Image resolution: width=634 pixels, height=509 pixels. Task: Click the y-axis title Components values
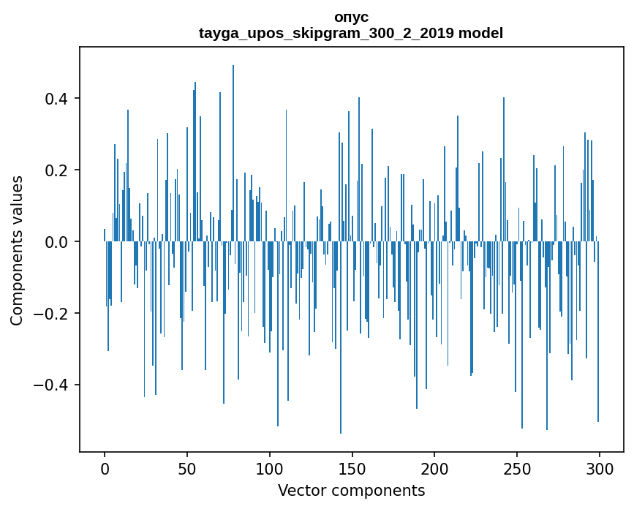17,250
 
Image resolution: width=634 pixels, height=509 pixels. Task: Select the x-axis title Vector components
351,490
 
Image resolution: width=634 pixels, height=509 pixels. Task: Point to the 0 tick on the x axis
105,467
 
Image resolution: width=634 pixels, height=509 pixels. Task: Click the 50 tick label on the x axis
187,467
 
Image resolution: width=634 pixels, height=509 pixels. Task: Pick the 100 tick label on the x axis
270,467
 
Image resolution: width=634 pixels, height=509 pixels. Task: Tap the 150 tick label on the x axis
352,467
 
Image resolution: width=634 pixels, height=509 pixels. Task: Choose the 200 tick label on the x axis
434,467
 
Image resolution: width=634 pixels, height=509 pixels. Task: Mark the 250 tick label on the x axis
517,467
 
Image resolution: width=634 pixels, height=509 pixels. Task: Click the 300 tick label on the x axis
600,467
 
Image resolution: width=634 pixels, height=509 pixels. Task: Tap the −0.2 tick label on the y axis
53,314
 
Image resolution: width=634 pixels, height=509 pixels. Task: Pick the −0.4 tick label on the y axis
53,385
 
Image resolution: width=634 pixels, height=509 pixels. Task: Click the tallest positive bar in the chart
233,146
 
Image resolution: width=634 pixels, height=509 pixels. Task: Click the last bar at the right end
598,329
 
